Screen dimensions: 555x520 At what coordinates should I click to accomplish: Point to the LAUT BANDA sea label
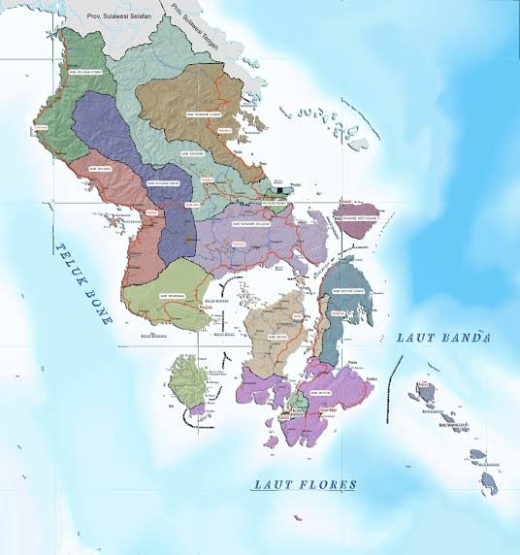(x=443, y=338)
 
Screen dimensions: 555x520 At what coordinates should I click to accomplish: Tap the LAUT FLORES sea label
(x=305, y=484)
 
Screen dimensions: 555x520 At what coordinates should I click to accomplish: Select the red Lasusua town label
(x=41, y=128)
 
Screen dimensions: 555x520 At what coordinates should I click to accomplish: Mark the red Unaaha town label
(x=205, y=180)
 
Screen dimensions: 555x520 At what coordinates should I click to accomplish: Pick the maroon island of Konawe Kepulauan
(x=356, y=209)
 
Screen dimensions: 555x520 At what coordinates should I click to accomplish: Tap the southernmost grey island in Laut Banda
(x=489, y=480)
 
